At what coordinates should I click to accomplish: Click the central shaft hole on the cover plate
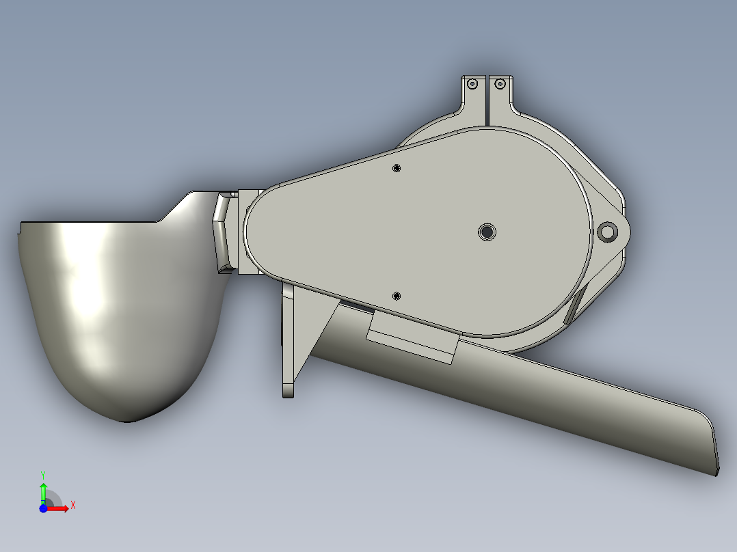tap(487, 232)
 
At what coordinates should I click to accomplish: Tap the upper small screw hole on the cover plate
tap(397, 168)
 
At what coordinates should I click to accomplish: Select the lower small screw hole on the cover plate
tap(397, 296)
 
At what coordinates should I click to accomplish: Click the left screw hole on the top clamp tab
tap(472, 85)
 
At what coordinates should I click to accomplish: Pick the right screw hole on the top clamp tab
tap(500, 84)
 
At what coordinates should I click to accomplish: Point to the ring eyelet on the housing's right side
tap(606, 232)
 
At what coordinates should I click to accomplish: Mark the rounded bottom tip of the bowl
tap(126, 418)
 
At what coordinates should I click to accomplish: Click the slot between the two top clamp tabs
tap(486, 99)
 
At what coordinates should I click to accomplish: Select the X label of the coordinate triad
tap(73, 505)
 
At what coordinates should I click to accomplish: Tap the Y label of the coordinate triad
tap(42, 474)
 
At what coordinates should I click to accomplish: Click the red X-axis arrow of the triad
tap(60, 508)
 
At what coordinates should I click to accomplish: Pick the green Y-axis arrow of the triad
tap(43, 491)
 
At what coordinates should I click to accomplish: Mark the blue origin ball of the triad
tap(43, 508)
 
